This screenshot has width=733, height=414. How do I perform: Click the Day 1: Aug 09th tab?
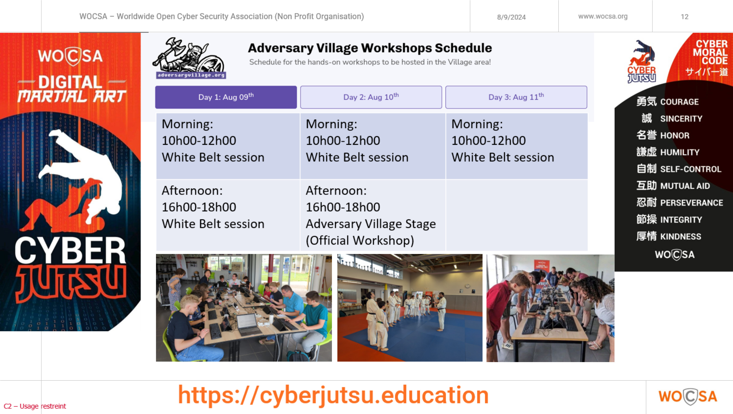[226, 97]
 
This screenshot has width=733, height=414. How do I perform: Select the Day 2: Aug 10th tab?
[371, 97]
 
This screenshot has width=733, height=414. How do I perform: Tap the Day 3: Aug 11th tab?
[516, 97]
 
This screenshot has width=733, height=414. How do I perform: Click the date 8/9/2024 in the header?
[511, 17]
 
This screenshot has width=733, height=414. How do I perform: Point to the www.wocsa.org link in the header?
[603, 16]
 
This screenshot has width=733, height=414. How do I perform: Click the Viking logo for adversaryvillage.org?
[189, 58]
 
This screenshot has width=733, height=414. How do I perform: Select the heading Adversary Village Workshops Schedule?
[370, 48]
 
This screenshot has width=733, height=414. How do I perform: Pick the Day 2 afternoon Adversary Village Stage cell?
[372, 215]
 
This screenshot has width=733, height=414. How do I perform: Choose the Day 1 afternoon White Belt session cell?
[228, 215]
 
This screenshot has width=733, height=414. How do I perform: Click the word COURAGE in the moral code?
[679, 102]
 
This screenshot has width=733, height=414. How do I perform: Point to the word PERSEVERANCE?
[691, 203]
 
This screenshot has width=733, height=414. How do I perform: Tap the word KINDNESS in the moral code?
[681, 236]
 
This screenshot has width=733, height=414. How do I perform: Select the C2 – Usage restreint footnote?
[35, 406]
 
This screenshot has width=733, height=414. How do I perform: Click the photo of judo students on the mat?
[410, 308]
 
